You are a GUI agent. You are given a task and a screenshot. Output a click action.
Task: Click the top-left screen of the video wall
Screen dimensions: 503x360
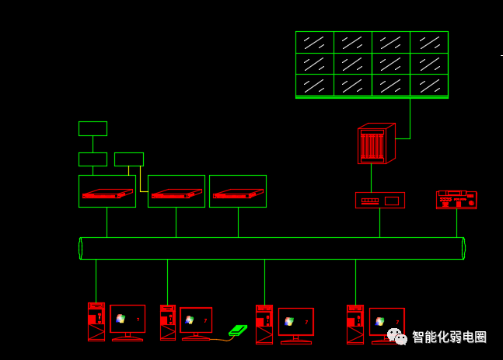coord(315,42)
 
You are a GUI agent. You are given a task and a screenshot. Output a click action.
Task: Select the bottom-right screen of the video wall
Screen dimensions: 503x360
coord(429,85)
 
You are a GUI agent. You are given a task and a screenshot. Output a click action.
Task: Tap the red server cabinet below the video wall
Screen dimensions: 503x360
coord(376,143)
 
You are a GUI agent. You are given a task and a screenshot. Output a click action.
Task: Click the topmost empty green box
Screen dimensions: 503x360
coord(93,128)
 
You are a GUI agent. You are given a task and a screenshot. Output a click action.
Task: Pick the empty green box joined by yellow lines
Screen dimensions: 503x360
coord(129,159)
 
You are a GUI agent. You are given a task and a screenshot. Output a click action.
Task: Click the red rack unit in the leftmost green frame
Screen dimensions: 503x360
coord(107,194)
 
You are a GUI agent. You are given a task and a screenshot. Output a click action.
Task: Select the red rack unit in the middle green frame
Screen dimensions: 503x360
coord(176,194)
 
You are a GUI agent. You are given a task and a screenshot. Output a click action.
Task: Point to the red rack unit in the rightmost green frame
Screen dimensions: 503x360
coord(239,194)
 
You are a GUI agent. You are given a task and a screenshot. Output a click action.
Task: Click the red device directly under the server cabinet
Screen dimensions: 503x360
coord(380,200)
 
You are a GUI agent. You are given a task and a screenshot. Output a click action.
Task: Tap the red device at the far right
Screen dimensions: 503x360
coord(456,200)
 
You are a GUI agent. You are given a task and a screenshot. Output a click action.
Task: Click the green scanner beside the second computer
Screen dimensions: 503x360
coord(238,330)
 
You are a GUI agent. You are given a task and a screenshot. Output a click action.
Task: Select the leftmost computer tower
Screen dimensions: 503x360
coord(96,321)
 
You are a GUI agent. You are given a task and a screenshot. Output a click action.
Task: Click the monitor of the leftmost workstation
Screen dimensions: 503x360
coord(127,323)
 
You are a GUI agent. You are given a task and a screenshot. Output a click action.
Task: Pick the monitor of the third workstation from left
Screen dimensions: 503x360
coord(296,326)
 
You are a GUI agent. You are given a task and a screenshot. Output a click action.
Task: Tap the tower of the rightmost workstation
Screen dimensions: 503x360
coord(355,324)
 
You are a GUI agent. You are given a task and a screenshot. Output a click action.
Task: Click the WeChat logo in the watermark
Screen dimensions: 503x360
coord(397,337)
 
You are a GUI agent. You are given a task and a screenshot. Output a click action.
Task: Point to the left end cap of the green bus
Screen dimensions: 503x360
coord(81,248)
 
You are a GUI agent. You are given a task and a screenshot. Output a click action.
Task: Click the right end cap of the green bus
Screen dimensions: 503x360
coord(463,248)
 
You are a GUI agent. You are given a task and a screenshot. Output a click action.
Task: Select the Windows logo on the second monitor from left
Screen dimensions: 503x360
coord(190,320)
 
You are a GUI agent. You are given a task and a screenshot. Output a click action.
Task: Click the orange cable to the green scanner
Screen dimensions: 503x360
coord(222,340)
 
